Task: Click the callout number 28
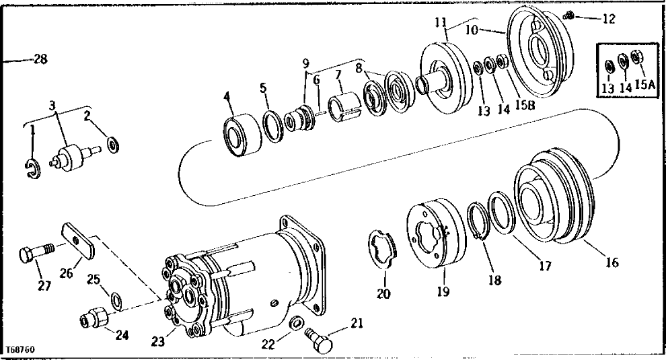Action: pyautogui.click(x=40, y=60)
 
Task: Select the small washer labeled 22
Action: pyautogui.click(x=294, y=326)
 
